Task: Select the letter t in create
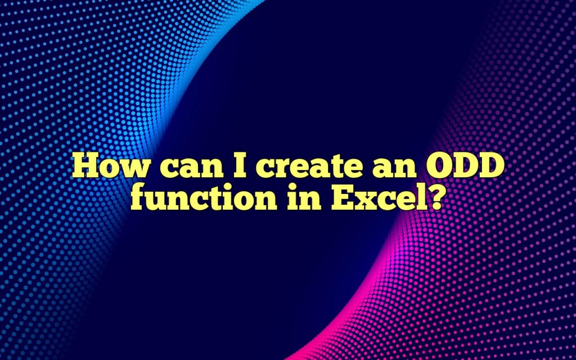(319, 169)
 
